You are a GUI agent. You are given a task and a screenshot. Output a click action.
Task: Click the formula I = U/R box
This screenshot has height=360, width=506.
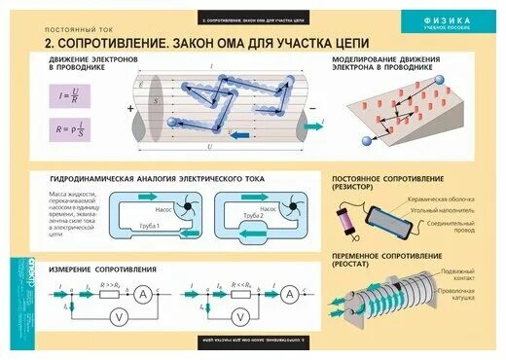tap(68, 94)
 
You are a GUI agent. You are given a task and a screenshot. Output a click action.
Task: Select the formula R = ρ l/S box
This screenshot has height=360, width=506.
tap(68, 128)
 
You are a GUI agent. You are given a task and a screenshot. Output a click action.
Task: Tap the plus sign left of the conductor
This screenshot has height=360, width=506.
tap(129, 109)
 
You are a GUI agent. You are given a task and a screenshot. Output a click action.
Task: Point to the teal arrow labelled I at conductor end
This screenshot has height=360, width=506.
tap(315, 124)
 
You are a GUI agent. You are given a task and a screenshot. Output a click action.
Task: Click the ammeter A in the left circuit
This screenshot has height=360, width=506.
tap(166, 295)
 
